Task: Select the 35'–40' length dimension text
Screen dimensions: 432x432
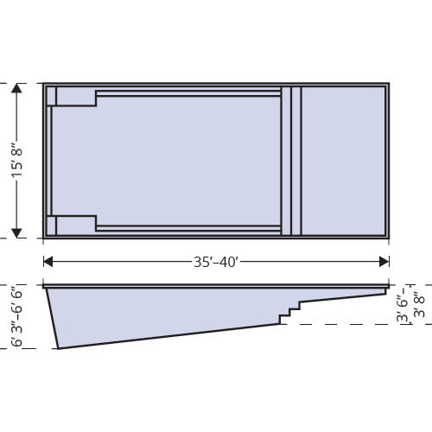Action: pos(216,261)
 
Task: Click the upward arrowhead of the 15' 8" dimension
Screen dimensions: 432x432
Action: pos(16,87)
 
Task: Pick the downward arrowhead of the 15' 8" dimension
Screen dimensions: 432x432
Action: pos(16,233)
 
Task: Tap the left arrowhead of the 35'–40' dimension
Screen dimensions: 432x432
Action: pos(48,261)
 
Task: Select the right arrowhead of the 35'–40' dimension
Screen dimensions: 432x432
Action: pos(384,261)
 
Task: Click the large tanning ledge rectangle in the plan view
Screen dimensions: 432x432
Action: pos(343,161)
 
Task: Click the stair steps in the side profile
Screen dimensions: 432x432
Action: pos(292,312)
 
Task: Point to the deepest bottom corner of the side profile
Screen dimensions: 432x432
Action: pos(58,348)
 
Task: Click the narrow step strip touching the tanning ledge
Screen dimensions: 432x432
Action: pos(296,161)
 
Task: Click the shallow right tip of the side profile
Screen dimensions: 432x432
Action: pos(385,291)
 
